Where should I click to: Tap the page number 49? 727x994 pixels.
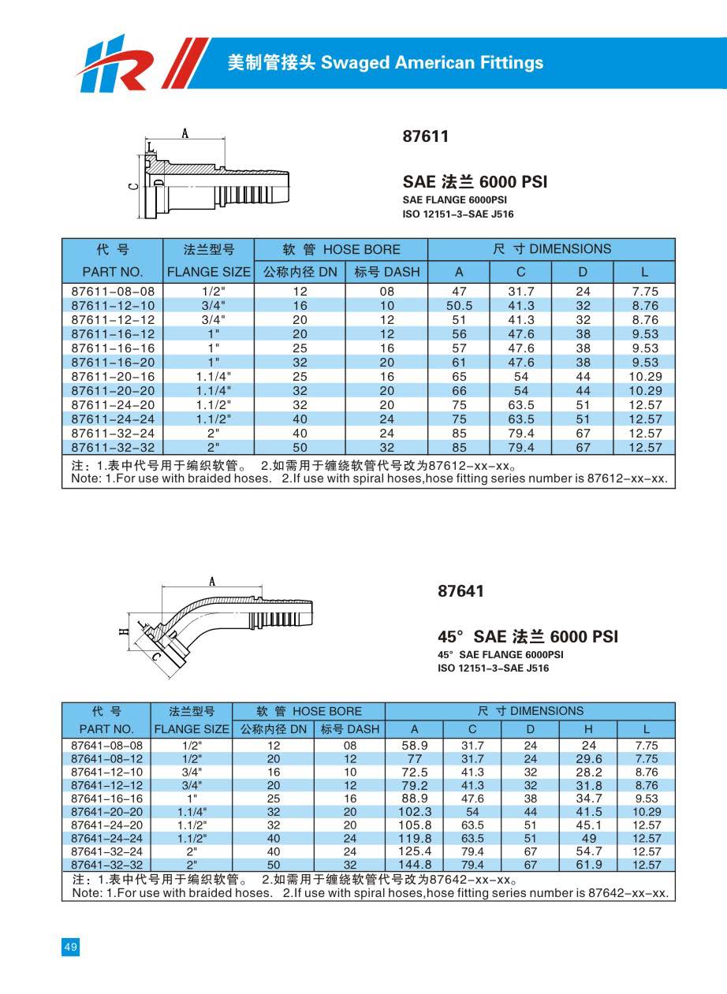70,947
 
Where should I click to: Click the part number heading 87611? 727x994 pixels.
425,136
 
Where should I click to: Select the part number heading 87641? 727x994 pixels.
460,591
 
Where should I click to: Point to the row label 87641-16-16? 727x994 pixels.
106,799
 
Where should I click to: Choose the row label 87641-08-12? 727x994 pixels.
106,758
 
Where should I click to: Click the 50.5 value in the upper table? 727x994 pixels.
459,305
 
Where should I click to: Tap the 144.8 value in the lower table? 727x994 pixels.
415,866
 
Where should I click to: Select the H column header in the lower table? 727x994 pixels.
588,729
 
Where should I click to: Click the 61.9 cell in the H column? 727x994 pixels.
588,866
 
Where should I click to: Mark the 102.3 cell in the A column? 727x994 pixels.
415,812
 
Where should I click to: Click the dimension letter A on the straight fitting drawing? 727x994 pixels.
185,134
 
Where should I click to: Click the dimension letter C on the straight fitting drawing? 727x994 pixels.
133,186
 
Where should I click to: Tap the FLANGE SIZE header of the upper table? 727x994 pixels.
208,272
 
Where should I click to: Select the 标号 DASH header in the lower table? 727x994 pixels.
349,729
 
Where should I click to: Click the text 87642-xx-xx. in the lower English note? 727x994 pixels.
630,893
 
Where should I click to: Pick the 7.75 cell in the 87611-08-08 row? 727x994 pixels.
644,291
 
